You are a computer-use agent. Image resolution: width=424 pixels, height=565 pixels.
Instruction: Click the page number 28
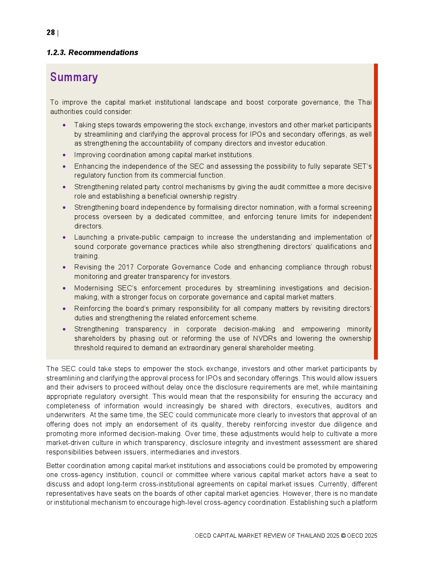tap(50, 33)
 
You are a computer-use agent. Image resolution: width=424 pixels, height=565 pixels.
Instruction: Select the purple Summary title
tap(74, 77)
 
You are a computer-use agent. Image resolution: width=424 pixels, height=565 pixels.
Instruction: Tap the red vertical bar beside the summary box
tap(376, 211)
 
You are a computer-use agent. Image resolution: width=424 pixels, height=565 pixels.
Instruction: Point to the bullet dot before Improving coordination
tap(64, 155)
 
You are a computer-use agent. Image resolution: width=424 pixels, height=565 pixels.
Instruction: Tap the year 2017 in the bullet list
tap(126, 267)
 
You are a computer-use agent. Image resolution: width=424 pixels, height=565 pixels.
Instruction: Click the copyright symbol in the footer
tap(343, 536)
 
